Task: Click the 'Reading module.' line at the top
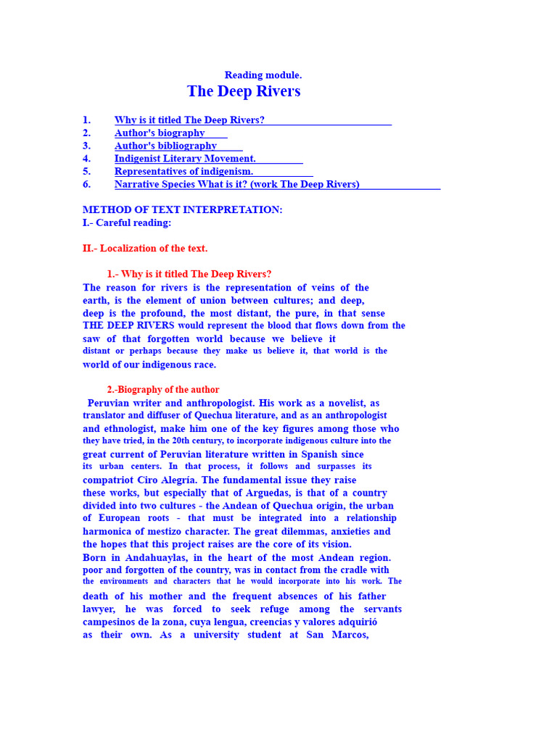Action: (x=263, y=75)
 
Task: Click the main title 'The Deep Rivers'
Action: (x=244, y=91)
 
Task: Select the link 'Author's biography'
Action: (x=160, y=133)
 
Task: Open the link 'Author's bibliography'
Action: (x=165, y=146)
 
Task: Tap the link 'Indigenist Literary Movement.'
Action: (x=185, y=159)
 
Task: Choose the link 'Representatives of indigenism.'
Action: (x=183, y=172)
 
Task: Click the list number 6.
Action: (x=86, y=184)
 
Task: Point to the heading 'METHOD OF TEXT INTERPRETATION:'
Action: (x=183, y=209)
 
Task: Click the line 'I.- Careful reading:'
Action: (x=127, y=222)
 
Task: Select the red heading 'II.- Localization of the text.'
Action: (x=145, y=249)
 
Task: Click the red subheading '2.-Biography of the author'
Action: (x=163, y=390)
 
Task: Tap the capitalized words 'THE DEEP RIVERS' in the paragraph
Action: (x=129, y=326)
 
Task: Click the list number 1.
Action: (x=86, y=120)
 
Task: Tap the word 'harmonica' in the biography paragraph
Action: (x=107, y=531)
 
